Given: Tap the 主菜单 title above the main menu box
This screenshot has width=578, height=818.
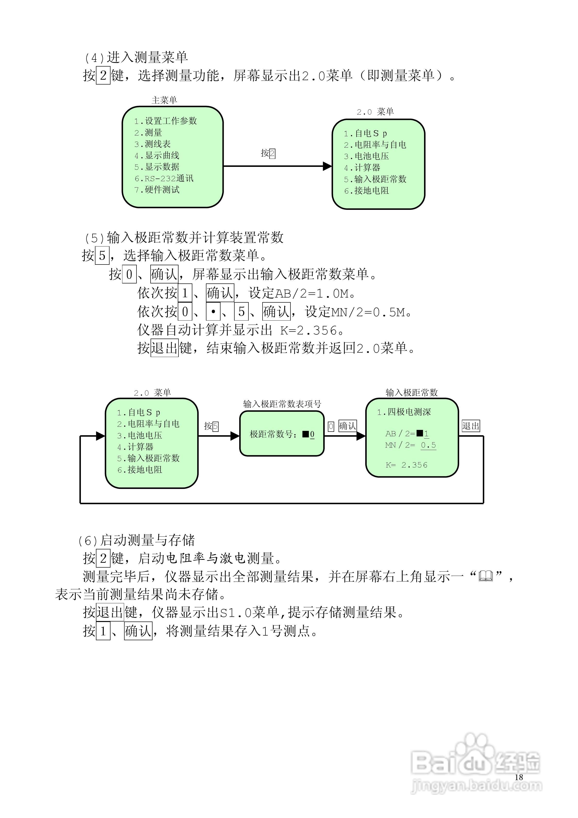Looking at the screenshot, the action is [164, 100].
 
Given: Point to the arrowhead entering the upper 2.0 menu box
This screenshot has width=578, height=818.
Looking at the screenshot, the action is [327, 166].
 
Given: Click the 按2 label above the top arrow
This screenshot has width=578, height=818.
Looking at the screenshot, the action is [268, 153].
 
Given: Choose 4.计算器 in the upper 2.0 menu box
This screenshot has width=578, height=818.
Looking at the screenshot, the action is [362, 167].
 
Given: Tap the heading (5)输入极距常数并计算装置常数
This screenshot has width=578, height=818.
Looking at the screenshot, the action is [184, 237].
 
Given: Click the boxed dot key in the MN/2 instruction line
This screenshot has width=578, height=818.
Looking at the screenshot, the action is [213, 312].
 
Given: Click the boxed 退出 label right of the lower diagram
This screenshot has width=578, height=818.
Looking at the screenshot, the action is [471, 426].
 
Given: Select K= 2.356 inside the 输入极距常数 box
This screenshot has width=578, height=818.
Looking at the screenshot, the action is [407, 465].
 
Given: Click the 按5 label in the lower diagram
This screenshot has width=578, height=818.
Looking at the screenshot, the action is [211, 426].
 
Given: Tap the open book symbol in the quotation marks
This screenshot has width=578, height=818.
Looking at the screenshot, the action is [486, 576].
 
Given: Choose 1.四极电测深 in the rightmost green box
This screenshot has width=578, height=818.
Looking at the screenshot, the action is [404, 412].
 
